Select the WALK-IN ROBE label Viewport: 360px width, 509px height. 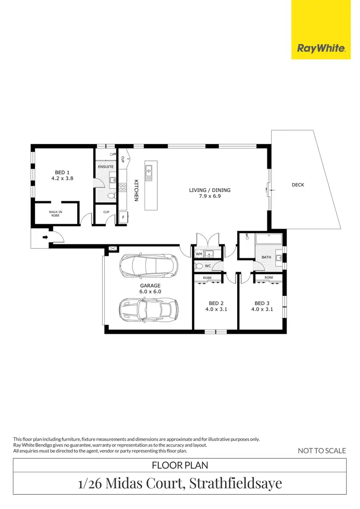(x=55, y=214)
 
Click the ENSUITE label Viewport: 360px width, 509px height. (x=106, y=167)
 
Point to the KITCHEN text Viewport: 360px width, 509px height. (x=136, y=190)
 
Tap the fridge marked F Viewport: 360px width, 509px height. (x=122, y=218)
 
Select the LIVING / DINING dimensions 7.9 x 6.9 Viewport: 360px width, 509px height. (x=210, y=196)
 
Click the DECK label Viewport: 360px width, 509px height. (x=298, y=185)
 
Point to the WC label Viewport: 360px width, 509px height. (x=208, y=266)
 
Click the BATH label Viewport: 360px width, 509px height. (x=266, y=257)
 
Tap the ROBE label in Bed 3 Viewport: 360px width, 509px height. (x=269, y=278)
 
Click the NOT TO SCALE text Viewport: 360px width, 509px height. (x=322, y=450)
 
